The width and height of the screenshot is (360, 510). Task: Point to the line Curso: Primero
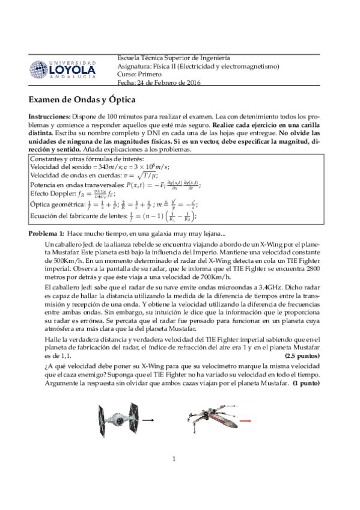pyautogui.click(x=139, y=74)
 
